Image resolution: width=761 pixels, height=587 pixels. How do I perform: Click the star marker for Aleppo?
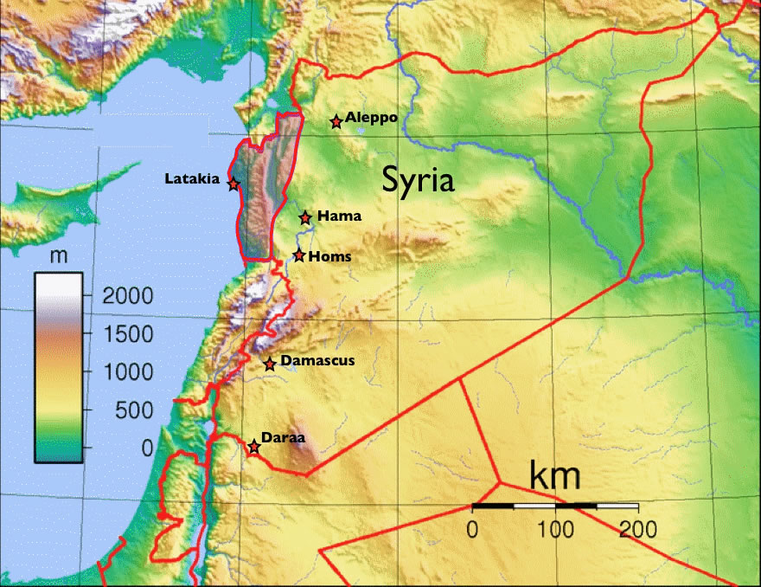pos(336,122)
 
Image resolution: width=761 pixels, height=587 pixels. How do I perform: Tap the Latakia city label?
pos(192,179)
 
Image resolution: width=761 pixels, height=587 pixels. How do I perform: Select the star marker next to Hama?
pos(305,217)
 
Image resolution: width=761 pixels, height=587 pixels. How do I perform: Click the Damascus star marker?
pos(270,364)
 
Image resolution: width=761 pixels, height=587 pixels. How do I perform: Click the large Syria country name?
pos(419,180)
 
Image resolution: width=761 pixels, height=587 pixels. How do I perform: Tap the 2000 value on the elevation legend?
pos(127,296)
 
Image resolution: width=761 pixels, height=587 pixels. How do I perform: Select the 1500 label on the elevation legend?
pos(127,334)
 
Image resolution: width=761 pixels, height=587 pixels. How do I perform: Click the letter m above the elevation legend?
pos(60,256)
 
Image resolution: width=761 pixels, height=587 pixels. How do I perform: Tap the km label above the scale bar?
pos(554,475)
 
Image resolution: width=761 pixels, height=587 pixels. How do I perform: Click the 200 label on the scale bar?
pos(637,528)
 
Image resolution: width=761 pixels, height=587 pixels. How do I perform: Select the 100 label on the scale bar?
pos(554,528)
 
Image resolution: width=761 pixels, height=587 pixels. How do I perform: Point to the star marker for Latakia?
pos(233,184)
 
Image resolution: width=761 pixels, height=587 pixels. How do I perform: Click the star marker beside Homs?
pos(299,255)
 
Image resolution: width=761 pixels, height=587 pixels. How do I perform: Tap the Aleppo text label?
pos(371,117)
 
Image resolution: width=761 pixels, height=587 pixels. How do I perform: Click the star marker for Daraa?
pos(253,447)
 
